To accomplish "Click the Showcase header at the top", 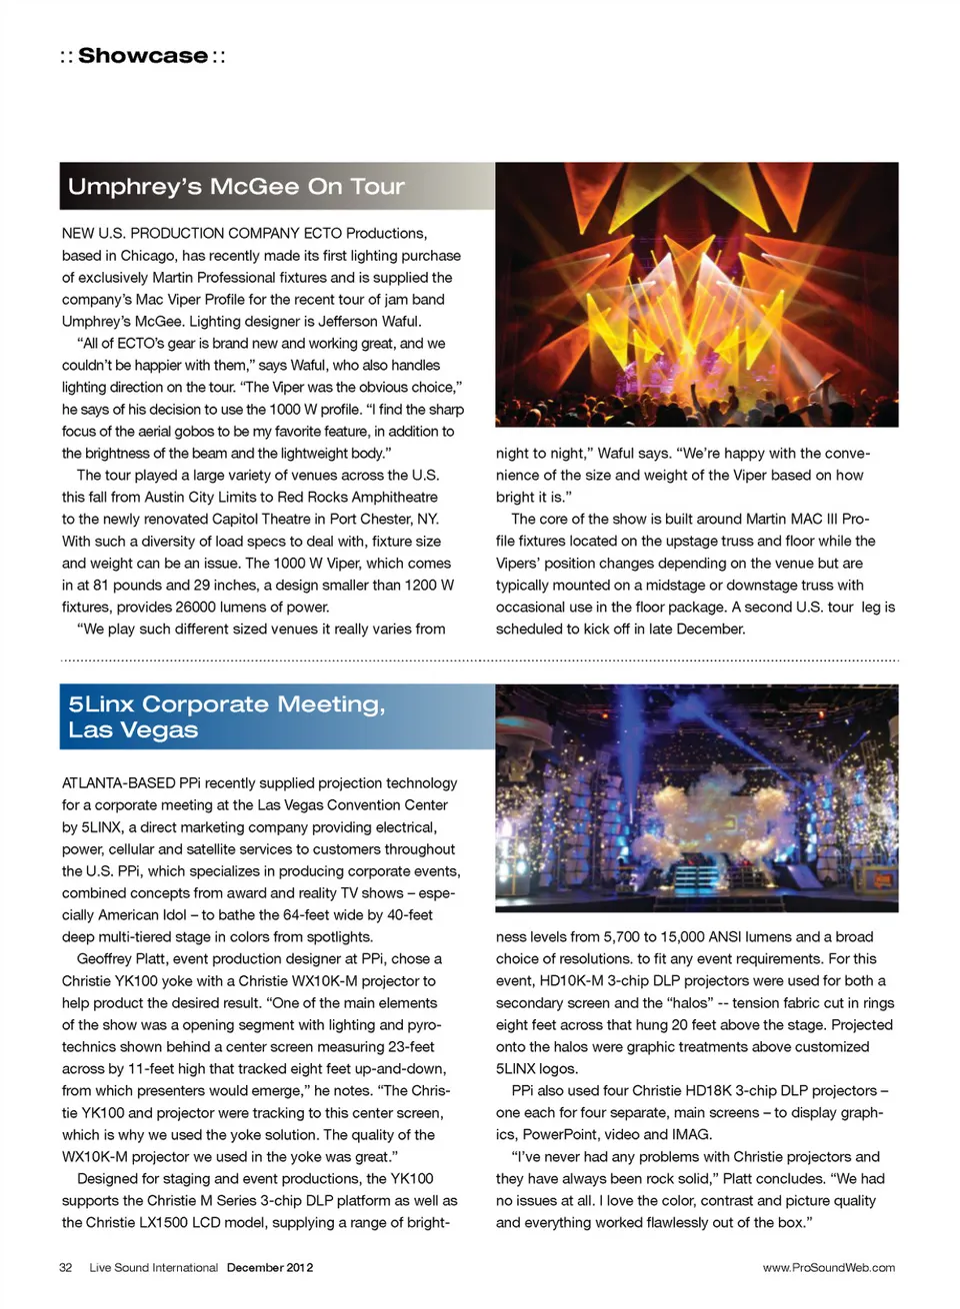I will [142, 56].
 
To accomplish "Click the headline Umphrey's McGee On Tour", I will [236, 187].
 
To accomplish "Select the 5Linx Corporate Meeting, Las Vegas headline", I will [226, 716].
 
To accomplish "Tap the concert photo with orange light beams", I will [696, 295].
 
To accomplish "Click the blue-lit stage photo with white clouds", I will [696, 797].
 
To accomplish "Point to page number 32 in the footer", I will [66, 1267].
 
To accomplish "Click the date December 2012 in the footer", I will [270, 1267].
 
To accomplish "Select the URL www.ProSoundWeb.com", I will [828, 1267].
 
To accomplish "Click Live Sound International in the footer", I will [153, 1267].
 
